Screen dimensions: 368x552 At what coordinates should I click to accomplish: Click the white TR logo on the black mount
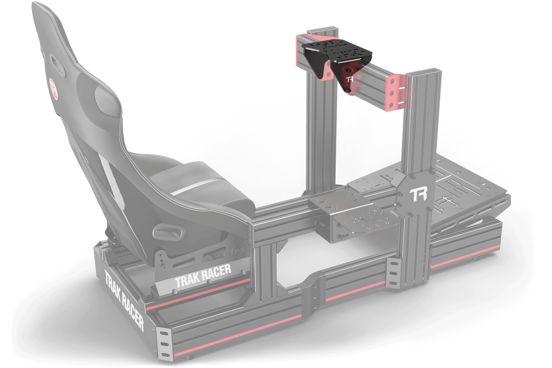[x=350, y=79]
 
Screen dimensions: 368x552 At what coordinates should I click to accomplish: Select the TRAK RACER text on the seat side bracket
[x=203, y=275]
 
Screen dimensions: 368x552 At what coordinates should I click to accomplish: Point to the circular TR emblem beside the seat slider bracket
[x=237, y=251]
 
